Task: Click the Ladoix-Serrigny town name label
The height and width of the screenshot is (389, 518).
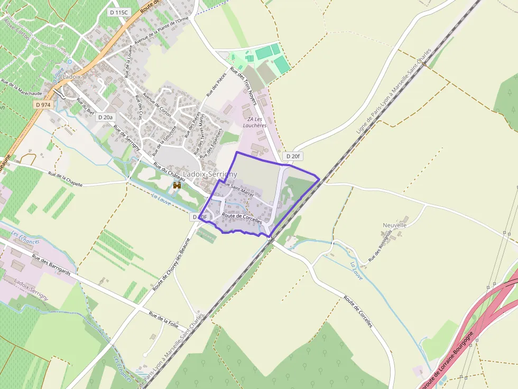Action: (x=210, y=174)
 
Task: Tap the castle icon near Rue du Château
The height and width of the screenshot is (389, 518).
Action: (x=177, y=186)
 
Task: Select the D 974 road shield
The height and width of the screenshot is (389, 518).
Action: (x=43, y=105)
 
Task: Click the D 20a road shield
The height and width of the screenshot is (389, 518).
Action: (x=105, y=117)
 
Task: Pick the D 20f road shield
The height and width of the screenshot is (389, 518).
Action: (x=292, y=156)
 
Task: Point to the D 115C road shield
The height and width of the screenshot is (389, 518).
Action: (x=118, y=12)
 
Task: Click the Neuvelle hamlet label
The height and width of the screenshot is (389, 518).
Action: (x=394, y=225)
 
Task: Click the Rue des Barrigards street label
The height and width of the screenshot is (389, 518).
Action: (x=51, y=265)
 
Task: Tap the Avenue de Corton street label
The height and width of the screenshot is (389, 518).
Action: (x=158, y=105)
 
